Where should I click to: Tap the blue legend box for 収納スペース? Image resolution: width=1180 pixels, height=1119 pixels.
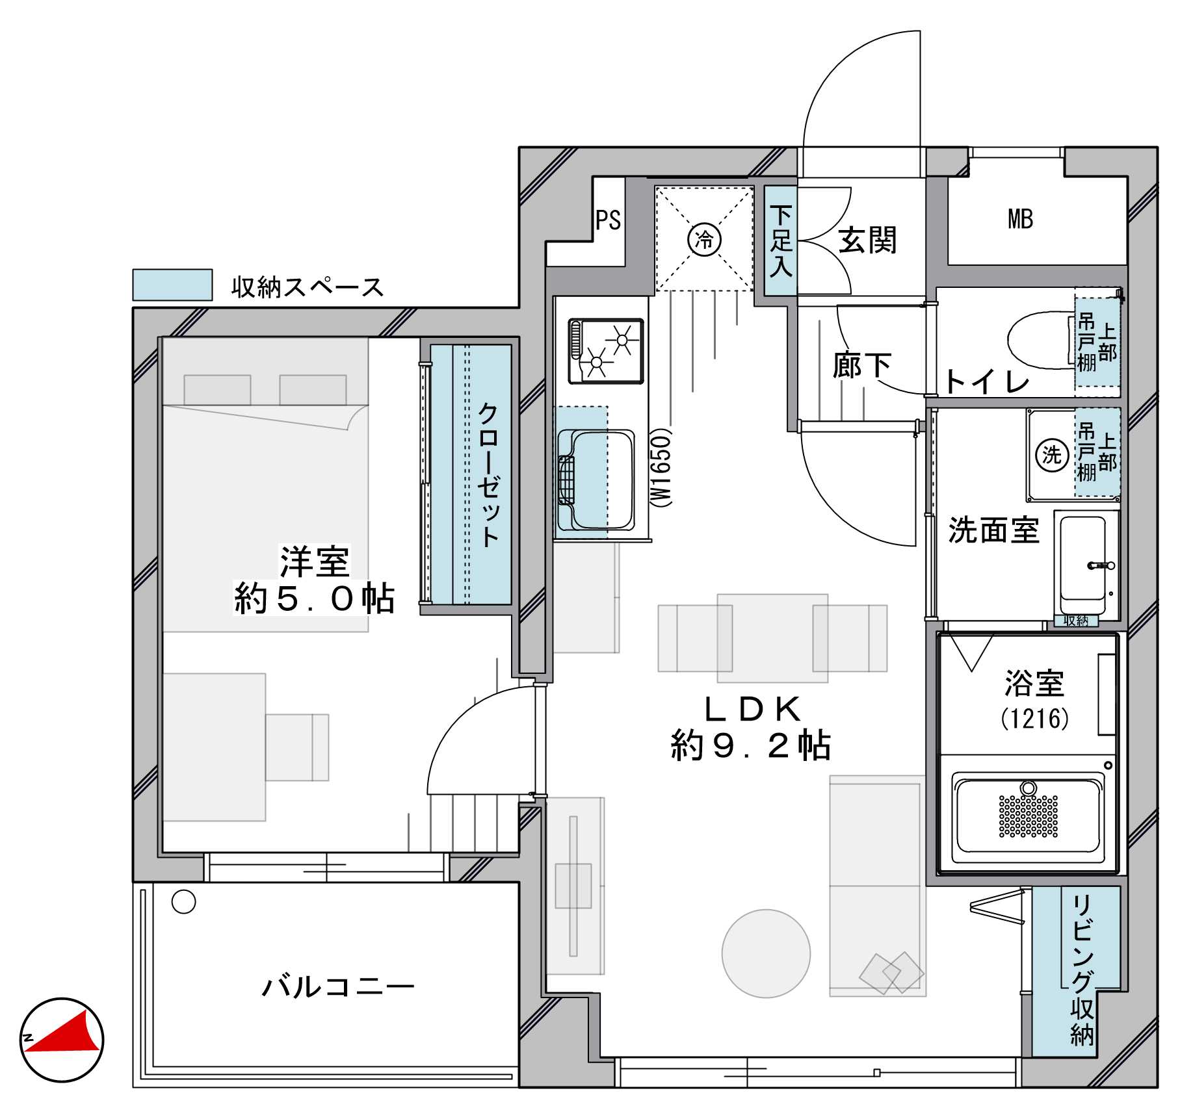[172, 285]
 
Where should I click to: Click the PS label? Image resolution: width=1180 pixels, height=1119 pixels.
[609, 220]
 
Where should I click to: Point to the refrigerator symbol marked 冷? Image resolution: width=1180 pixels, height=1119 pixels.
[704, 240]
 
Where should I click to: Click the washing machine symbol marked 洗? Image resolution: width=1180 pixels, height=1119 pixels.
[1052, 454]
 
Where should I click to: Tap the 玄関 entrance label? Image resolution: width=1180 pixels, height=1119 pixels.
[867, 240]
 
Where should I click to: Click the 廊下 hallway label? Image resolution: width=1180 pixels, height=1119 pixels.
[861, 365]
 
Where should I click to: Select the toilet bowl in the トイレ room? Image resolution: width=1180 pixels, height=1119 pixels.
[1040, 339]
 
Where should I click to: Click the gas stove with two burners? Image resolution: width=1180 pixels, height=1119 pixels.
[605, 351]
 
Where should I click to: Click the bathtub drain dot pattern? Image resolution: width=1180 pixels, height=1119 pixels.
[1028, 816]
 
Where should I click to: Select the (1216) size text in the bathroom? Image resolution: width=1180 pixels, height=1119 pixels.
[1034, 719]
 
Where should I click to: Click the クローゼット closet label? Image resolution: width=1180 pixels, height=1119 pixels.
[488, 475]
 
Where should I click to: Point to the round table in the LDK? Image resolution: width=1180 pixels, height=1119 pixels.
[766, 953]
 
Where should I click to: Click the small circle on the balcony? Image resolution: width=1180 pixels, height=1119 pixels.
[183, 901]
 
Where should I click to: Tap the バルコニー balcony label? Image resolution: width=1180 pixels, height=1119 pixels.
[338, 986]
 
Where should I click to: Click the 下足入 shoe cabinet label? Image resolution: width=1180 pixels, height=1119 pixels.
[781, 241]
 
